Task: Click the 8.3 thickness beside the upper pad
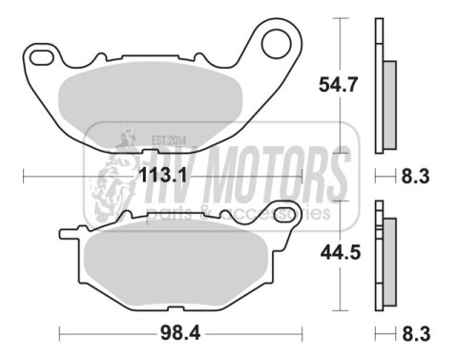(x=414, y=176)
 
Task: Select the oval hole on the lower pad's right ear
(x=282, y=211)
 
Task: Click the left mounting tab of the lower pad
(x=69, y=232)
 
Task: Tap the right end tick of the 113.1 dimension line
(x=302, y=176)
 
